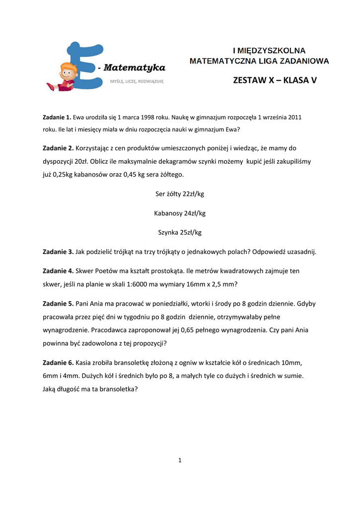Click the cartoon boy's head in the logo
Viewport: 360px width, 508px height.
click(x=68, y=70)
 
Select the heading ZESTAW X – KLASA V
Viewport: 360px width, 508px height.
click(x=275, y=80)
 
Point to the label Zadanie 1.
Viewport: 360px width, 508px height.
click(x=57, y=118)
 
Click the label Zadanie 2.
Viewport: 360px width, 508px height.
click(x=58, y=148)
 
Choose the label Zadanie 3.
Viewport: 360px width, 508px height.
click(x=58, y=252)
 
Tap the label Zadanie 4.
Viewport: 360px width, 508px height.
click(x=58, y=271)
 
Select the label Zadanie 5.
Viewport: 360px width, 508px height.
click(x=58, y=304)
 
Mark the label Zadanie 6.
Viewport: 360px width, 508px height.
click(x=58, y=362)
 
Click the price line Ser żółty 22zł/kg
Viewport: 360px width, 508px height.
click(x=180, y=194)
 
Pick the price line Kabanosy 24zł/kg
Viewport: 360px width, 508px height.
click(x=180, y=213)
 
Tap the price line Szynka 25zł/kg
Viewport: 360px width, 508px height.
click(x=180, y=232)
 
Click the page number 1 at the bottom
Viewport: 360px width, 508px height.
click(x=180, y=460)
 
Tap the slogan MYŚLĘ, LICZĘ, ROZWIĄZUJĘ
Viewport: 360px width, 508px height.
click(x=137, y=80)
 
